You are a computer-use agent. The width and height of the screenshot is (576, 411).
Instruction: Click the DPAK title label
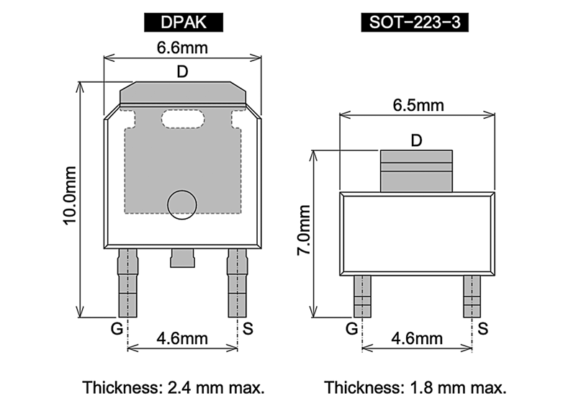tap(183, 22)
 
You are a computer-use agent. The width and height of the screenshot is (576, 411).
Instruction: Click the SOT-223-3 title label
tap(415, 22)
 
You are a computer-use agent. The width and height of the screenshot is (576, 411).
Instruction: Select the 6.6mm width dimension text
tap(183, 48)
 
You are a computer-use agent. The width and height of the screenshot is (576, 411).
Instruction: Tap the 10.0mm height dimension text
tap(70, 195)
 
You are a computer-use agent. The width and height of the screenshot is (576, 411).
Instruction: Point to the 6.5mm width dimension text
tap(418, 105)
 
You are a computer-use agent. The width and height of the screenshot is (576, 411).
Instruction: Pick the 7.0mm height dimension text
tap(304, 230)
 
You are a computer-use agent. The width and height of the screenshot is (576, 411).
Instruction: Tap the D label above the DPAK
tap(183, 71)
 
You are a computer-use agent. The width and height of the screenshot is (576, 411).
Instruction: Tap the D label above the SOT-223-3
tap(416, 140)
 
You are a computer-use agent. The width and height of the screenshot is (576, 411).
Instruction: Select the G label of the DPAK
tap(116, 329)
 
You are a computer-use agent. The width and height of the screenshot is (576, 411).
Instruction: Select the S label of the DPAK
tap(248, 329)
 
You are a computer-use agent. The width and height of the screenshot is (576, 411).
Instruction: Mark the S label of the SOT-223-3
tap(483, 329)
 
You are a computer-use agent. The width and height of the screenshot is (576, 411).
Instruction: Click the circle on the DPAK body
tap(180, 204)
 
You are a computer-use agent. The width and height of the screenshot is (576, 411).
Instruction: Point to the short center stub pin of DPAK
tap(182, 258)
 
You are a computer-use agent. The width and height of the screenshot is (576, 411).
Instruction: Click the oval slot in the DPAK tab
tap(183, 117)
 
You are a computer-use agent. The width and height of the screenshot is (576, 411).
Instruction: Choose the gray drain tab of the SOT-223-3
tap(416, 171)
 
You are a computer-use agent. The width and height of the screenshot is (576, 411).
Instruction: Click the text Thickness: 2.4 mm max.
tap(174, 388)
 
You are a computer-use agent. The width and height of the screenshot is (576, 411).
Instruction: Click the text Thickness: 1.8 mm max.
tap(415, 388)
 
